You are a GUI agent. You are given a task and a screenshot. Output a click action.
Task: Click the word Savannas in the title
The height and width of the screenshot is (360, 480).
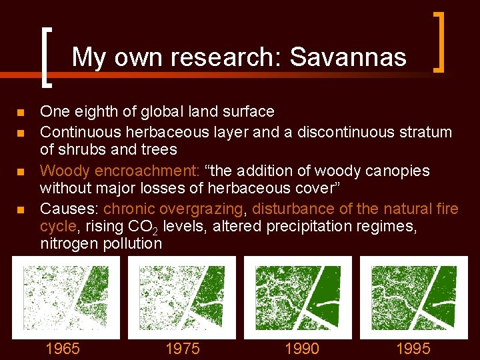348,57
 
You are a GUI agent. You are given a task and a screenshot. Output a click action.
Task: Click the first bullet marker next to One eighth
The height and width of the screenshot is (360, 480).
22,112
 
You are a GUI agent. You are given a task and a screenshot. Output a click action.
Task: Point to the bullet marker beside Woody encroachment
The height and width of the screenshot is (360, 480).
22,172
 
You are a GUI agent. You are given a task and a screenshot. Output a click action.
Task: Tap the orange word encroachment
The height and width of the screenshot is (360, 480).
151,171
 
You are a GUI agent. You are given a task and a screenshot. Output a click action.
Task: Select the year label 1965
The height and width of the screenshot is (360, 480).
62,349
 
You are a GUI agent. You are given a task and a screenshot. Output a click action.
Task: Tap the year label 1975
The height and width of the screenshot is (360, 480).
182,349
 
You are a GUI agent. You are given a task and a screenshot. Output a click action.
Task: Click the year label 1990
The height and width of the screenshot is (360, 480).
301,349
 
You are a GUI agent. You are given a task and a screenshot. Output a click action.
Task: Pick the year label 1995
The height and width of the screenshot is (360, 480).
413,349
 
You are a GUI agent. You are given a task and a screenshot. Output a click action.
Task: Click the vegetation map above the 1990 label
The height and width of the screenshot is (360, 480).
298,297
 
